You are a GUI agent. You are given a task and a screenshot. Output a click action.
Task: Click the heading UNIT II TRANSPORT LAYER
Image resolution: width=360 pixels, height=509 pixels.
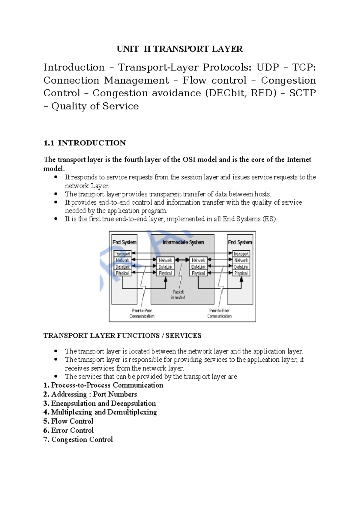pos(180,49)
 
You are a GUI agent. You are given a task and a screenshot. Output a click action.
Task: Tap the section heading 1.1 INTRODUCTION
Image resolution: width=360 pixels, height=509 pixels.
pos(85,143)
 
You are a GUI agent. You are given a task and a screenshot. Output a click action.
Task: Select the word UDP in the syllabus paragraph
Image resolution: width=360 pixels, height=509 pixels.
pos(268,67)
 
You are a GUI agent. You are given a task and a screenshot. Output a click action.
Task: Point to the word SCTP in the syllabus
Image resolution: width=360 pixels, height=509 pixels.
pos(302,93)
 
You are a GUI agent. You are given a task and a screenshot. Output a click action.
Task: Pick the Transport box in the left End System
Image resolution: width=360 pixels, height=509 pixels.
pos(122,254)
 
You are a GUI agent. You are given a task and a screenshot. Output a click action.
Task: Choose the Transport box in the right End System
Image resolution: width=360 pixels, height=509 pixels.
pos(241,254)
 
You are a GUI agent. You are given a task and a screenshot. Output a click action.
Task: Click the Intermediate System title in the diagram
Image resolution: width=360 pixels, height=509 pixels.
pos(183,242)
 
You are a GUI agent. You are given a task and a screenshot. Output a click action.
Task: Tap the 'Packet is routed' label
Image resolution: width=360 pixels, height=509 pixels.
pos(178,294)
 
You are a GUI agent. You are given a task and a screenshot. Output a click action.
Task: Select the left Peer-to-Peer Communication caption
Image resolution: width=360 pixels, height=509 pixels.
pos(142,313)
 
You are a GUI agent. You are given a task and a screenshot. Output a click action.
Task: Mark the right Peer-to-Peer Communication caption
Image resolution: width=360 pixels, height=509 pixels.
pos(219,313)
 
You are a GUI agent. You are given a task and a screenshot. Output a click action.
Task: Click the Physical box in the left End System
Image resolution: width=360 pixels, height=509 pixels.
pos(122,273)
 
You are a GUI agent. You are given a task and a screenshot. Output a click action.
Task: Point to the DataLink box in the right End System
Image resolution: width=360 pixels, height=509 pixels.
pos(241,267)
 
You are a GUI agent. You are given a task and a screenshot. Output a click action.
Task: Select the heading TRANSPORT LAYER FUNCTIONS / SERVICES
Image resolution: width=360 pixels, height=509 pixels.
pos(122,336)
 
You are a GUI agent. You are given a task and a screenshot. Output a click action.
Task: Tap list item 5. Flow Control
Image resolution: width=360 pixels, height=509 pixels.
pos(68,421)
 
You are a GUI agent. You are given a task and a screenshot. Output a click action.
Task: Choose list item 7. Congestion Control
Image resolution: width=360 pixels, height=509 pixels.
pos(78,439)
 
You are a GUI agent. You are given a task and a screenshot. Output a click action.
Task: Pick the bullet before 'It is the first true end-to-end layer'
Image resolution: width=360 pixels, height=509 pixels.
pos(55,218)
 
